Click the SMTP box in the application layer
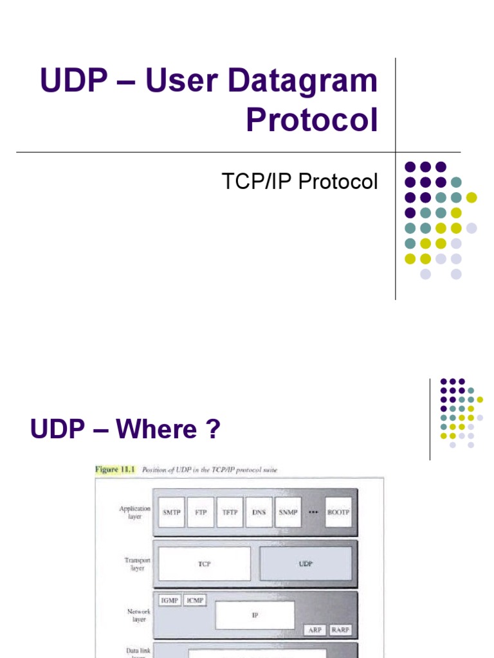click(x=171, y=513)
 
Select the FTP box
click(x=201, y=513)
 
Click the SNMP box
click(x=288, y=513)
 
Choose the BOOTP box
click(x=338, y=513)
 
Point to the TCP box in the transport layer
click(x=205, y=564)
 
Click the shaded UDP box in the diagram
click(x=306, y=564)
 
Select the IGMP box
click(x=170, y=600)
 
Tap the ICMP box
click(x=194, y=600)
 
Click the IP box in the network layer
click(x=255, y=615)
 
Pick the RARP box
click(x=340, y=630)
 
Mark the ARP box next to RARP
click(x=315, y=630)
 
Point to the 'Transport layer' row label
click(x=138, y=564)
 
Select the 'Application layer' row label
click(x=134, y=512)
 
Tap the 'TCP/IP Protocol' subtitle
click(x=300, y=182)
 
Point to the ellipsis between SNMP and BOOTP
click(x=313, y=513)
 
